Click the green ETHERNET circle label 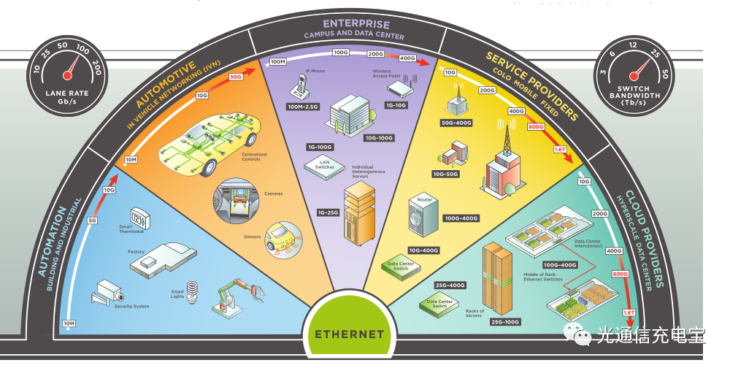349,334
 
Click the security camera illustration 104,291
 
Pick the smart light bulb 194,288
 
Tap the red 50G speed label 235,77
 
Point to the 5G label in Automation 92,221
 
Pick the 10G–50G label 446,175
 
